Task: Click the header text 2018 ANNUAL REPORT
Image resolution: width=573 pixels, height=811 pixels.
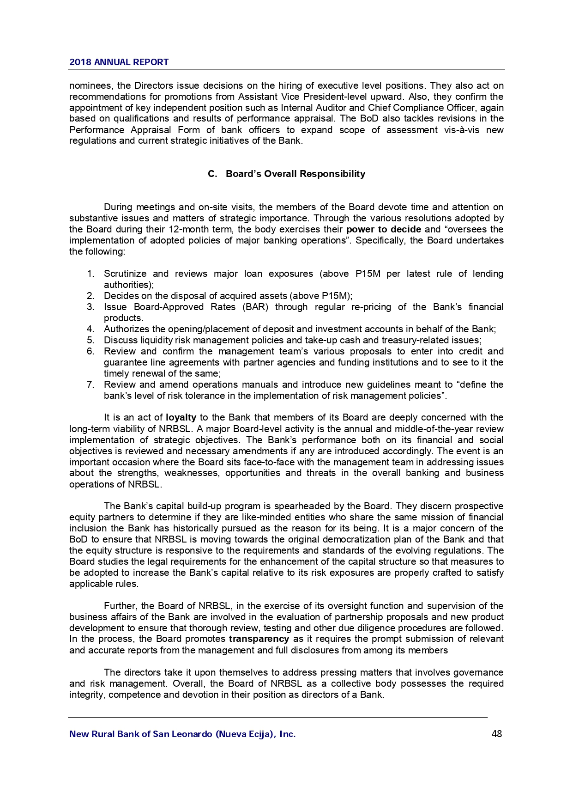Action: (x=119, y=62)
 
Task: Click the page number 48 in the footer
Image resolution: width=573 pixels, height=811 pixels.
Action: (x=497, y=734)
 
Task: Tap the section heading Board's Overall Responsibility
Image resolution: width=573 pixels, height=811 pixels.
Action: (x=295, y=174)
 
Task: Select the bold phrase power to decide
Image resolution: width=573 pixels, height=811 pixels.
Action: (x=383, y=230)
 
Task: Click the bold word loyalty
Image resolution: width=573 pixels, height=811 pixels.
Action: (x=181, y=418)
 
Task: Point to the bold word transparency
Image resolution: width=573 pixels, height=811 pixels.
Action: (x=259, y=639)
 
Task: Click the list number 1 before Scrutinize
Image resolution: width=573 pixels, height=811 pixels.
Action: (x=90, y=274)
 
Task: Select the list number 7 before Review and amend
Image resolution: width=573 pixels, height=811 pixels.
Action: (x=90, y=385)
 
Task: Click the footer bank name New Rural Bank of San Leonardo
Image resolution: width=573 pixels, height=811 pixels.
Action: (x=182, y=734)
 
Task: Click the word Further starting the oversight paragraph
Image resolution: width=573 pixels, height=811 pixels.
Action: (x=120, y=606)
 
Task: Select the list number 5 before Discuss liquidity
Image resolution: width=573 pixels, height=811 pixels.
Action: (x=90, y=341)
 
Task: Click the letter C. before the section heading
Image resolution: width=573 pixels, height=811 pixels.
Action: (x=212, y=174)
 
